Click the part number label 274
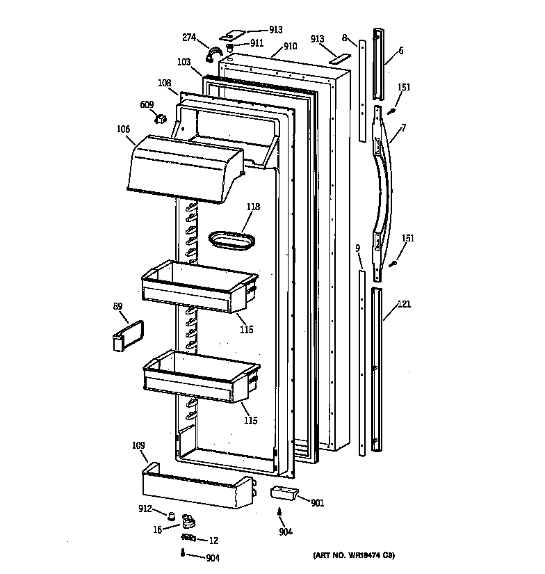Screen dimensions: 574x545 click(189, 38)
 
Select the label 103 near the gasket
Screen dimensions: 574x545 click(183, 62)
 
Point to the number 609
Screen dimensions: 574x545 click(147, 104)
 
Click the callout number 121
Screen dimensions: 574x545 click(405, 304)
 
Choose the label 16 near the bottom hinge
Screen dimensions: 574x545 click(157, 529)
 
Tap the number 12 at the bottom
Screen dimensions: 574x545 click(213, 541)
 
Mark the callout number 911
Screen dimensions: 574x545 click(257, 42)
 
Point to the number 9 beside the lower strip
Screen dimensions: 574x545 click(357, 248)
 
